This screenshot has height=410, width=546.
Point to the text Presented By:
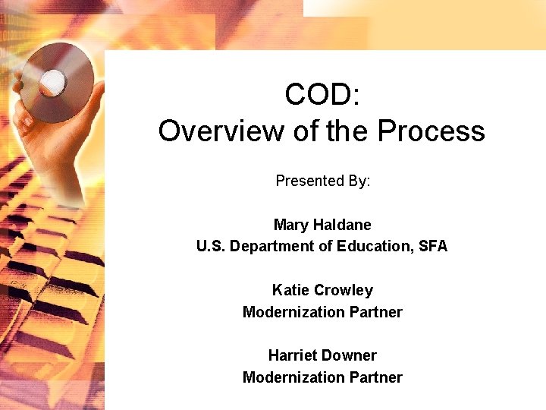click(x=322, y=181)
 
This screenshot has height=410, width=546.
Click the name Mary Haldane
click(x=322, y=225)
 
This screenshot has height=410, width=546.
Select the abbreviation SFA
click(x=433, y=246)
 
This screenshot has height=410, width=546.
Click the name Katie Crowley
click(x=322, y=290)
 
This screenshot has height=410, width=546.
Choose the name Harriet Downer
click(x=322, y=355)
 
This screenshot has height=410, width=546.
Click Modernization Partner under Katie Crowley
click(x=322, y=312)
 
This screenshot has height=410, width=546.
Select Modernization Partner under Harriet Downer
click(x=322, y=377)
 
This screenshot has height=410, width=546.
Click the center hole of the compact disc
click(x=52, y=79)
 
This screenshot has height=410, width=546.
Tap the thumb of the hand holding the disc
click(x=27, y=114)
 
